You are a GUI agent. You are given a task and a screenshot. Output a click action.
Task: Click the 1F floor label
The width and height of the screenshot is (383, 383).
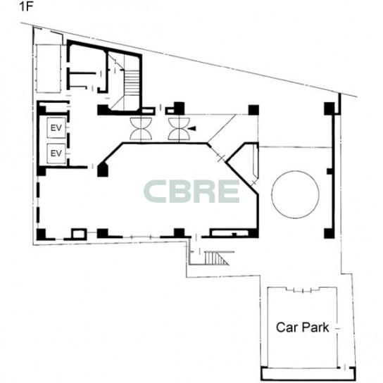[26, 7]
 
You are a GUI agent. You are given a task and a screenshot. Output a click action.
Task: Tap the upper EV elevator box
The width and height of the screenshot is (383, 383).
[56, 127]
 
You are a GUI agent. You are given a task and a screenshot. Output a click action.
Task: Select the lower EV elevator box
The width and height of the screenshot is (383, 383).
[56, 153]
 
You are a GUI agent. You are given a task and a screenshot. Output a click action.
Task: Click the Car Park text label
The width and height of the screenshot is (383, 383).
[303, 327]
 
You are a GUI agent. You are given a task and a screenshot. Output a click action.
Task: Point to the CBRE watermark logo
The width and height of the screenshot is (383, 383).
[191, 191]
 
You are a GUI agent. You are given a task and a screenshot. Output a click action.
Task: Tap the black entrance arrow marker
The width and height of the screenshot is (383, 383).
[192, 128]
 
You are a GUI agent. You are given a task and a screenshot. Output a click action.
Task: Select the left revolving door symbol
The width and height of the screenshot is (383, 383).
[141, 129]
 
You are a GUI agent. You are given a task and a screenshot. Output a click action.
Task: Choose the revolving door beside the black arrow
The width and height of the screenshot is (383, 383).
[179, 129]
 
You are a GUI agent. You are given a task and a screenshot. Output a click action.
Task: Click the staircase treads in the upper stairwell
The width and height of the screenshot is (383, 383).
[132, 82]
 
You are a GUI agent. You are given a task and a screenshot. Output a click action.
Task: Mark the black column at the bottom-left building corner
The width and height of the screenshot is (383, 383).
[41, 234]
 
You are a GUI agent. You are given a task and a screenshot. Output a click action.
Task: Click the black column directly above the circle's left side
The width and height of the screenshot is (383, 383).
[253, 110]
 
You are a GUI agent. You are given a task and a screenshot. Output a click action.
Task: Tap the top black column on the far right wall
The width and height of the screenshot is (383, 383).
[329, 108]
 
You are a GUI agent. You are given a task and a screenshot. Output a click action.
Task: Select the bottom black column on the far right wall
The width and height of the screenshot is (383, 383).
[329, 233]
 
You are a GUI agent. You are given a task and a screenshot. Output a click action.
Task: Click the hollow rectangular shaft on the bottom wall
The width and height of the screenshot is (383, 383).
[79, 234]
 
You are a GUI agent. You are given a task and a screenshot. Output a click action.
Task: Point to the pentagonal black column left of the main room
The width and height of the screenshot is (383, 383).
[103, 170]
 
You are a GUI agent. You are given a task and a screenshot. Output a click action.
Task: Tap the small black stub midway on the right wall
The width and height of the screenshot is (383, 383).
[329, 171]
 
